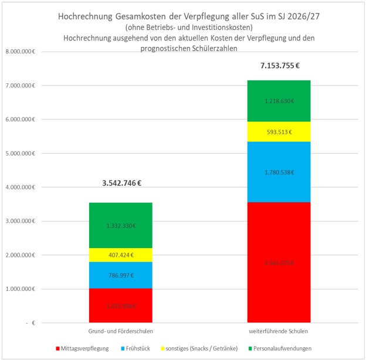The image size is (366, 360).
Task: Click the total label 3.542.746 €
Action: pos(122,183)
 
